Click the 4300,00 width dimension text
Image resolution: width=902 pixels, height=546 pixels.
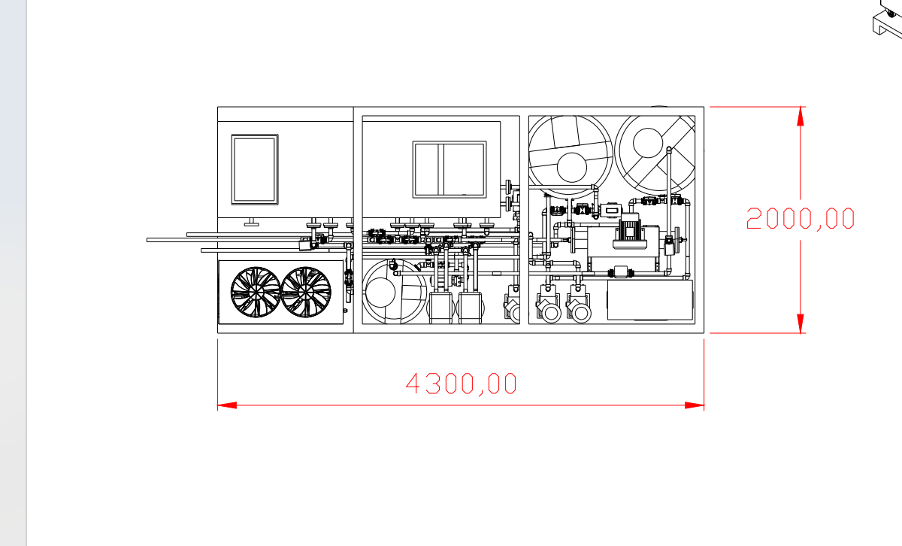click(x=461, y=384)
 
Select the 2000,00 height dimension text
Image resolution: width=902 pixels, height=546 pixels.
click(x=800, y=219)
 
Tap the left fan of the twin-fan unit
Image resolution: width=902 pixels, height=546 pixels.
click(x=256, y=292)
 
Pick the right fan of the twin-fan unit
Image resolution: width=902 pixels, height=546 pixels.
click(x=306, y=292)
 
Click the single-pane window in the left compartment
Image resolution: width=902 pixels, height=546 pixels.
click(x=255, y=170)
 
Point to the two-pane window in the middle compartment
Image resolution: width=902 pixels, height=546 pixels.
click(x=449, y=169)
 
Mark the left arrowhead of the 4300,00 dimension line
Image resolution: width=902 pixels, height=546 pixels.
click(x=227, y=405)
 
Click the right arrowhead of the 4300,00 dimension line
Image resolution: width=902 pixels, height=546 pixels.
click(x=695, y=405)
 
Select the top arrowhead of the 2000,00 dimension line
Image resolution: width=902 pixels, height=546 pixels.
click(x=800, y=117)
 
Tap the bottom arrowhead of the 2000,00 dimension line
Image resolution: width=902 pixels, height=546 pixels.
click(x=800, y=323)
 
